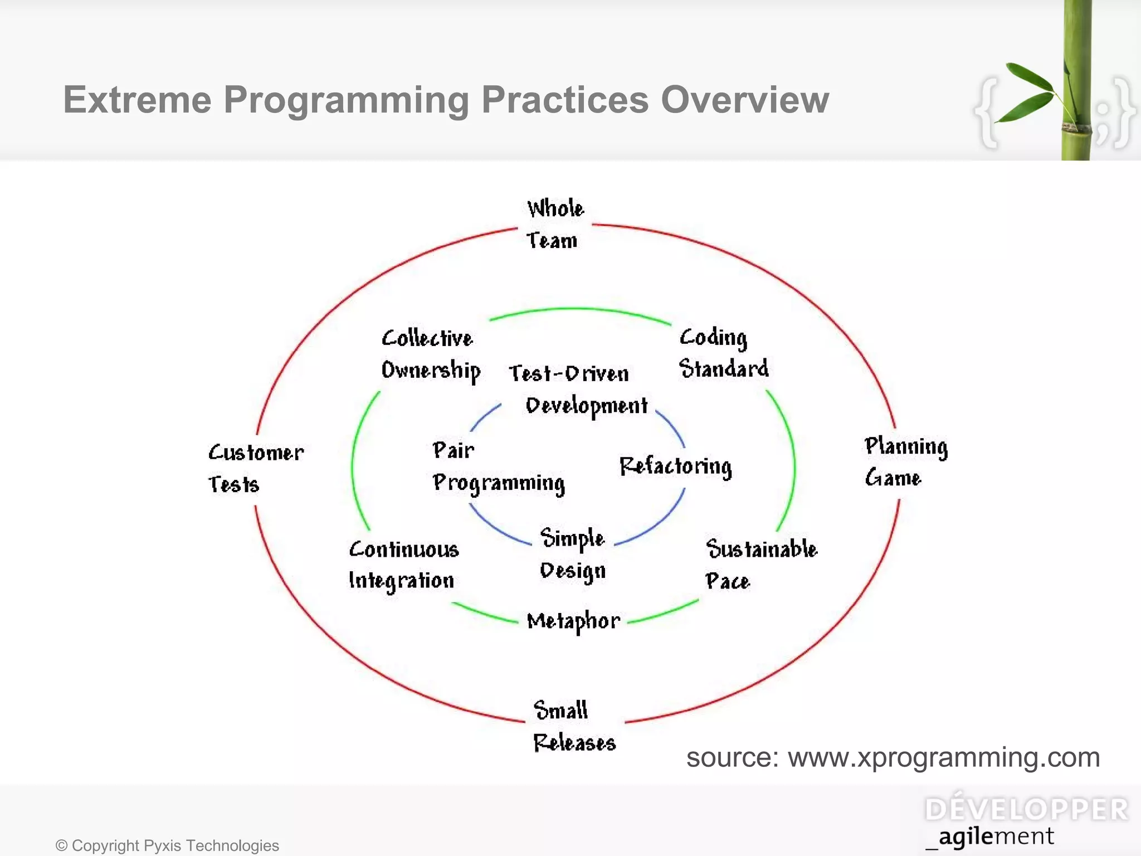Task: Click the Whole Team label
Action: pyautogui.click(x=554, y=224)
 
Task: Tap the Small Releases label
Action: pyautogui.click(x=574, y=727)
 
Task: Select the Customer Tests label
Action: pyautogui.click(x=256, y=468)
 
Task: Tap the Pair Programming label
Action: pyautogui.click(x=498, y=467)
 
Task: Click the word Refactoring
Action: pyautogui.click(x=675, y=466)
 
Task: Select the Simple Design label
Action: pyautogui.click(x=573, y=555)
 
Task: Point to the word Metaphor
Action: pyautogui.click(x=573, y=621)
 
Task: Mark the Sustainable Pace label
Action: pyautogui.click(x=761, y=564)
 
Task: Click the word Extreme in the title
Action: pyautogui.click(x=137, y=100)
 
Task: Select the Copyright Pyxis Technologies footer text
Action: pyautogui.click(x=167, y=845)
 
